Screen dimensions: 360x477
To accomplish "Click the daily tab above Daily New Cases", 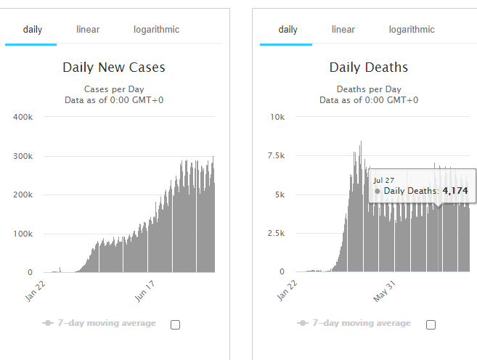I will tap(32, 30).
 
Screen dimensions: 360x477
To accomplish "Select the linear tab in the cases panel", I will tap(88, 30).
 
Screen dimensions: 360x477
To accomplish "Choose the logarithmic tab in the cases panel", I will tap(156, 30).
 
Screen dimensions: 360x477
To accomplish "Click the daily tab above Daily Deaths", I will tap(288, 30).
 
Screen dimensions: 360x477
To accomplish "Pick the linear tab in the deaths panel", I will tap(343, 30).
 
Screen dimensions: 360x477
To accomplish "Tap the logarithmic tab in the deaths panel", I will tap(412, 30).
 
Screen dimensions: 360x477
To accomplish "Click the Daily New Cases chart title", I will tap(114, 67).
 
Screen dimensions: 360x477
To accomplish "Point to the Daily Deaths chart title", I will tap(369, 67).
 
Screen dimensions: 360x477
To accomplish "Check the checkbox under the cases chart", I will tap(175, 324).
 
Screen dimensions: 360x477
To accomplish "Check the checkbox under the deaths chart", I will tap(431, 324).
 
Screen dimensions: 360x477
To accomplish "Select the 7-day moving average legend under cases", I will tap(100, 323).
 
